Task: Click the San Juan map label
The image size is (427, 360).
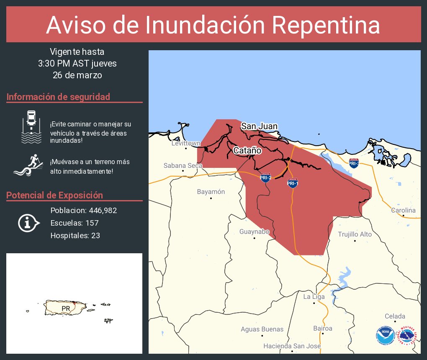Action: pyautogui.click(x=259, y=126)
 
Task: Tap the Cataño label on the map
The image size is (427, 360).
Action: pyautogui.click(x=247, y=150)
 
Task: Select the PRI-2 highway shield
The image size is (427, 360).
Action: pyautogui.click(x=265, y=177)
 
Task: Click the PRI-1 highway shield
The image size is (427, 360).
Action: pyautogui.click(x=293, y=183)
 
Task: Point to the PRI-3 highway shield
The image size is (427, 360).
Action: pyautogui.click(x=354, y=163)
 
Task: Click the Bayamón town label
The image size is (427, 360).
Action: pyautogui.click(x=211, y=192)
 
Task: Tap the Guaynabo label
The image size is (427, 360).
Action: pyautogui.click(x=254, y=231)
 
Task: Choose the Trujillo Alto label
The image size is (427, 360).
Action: pyautogui.click(x=355, y=234)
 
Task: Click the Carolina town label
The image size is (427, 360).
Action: pyautogui.click(x=403, y=210)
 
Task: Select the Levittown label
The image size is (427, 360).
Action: pyautogui.click(x=186, y=143)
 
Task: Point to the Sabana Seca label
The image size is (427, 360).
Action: pyautogui.click(x=183, y=165)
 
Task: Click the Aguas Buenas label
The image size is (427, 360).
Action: pyautogui.click(x=262, y=329)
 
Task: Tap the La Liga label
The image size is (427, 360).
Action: pyautogui.click(x=314, y=297)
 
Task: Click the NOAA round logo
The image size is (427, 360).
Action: pyautogui.click(x=385, y=336)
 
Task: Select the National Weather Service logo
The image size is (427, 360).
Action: pyautogui.click(x=408, y=336)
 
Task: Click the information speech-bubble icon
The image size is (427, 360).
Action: pyautogui.click(x=28, y=223)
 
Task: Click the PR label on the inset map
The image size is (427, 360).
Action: pyautogui.click(x=66, y=309)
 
